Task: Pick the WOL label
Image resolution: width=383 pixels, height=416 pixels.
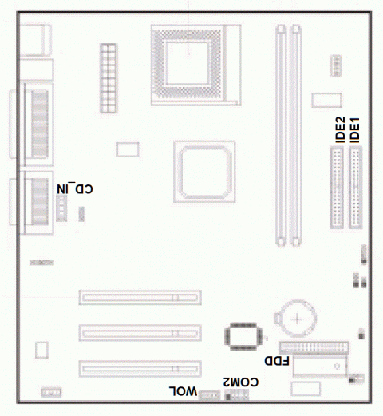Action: pos(182,390)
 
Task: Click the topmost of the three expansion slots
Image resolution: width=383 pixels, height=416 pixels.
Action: pos(140,297)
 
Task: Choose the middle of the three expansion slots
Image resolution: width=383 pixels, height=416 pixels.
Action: pos(140,332)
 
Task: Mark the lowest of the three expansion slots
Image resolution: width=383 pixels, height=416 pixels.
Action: pos(140,368)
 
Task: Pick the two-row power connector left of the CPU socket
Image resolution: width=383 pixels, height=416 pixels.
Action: pos(109,77)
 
